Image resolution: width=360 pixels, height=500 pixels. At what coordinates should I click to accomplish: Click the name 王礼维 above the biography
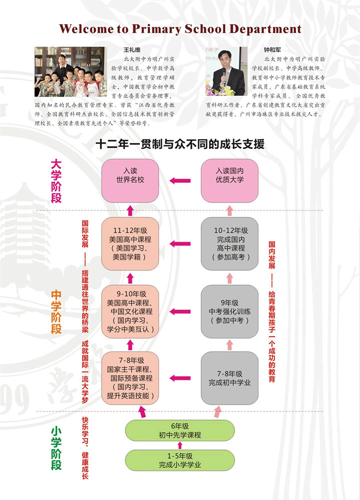click(133, 50)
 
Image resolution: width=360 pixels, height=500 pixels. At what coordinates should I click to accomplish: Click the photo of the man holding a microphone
click(225, 71)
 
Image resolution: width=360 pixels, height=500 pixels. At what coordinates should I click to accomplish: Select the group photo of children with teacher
click(69, 71)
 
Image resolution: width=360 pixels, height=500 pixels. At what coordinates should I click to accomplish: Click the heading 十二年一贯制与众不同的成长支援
click(179, 144)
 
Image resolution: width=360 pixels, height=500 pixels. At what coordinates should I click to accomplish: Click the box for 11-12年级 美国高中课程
click(130, 243)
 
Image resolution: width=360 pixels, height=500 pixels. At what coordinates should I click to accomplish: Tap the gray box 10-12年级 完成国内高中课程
click(230, 243)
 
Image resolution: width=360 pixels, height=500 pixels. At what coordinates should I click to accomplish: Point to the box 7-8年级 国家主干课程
click(130, 378)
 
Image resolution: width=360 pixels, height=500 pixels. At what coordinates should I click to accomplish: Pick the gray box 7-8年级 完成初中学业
click(230, 378)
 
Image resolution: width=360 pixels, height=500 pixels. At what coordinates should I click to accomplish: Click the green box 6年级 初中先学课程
click(179, 430)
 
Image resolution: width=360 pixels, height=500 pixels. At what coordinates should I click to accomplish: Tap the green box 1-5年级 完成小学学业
click(179, 460)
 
